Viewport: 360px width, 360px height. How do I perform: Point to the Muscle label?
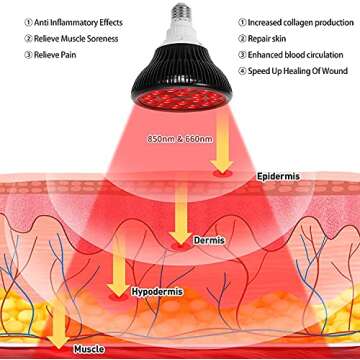tap(89, 350)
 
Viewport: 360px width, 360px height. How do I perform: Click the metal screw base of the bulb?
tap(182, 12)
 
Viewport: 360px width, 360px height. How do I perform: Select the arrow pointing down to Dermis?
tap(183, 211)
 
